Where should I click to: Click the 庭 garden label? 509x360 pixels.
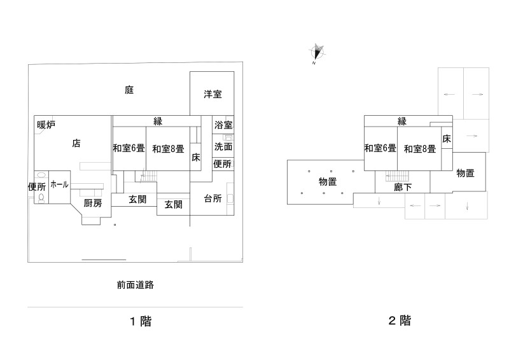point(129,90)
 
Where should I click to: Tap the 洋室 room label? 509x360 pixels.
point(213,95)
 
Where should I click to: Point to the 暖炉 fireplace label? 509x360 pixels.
point(46,125)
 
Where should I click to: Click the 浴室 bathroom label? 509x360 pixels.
point(223,125)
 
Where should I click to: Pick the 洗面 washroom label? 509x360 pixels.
point(223,146)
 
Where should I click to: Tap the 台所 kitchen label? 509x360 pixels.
point(213,198)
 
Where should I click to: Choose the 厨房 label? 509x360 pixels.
point(93,204)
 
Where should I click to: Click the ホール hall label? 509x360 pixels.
point(59,184)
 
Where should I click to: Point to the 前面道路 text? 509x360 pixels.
point(136,285)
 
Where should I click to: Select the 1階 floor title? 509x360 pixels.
point(141,321)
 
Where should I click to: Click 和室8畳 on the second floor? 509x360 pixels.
point(419,149)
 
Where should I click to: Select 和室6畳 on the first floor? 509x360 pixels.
point(129,149)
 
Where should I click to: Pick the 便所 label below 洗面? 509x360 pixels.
point(222,164)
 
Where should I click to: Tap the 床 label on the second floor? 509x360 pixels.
point(447,139)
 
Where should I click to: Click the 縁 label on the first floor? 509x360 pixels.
point(157,121)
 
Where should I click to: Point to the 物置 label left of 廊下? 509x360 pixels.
point(328,182)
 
